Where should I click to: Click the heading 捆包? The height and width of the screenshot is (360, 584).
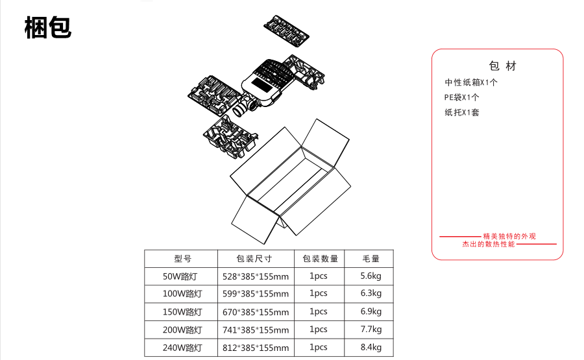point(48,27)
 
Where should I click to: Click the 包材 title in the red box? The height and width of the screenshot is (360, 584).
point(503,66)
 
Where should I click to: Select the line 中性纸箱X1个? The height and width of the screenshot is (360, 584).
point(471,82)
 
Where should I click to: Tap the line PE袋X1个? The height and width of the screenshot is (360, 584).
point(462,97)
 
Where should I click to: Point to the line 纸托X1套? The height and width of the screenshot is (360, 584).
point(462,112)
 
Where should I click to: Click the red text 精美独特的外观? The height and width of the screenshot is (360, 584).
point(510,236)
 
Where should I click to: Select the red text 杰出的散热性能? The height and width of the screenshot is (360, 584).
point(488,245)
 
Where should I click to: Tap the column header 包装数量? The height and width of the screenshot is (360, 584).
point(320,259)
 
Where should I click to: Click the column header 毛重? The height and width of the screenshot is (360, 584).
point(371,259)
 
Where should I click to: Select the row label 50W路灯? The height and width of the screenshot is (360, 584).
point(182,276)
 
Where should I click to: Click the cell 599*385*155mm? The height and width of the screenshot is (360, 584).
point(256,294)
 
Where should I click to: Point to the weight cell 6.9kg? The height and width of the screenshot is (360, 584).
point(371,311)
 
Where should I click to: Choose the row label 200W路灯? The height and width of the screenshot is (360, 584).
point(182,330)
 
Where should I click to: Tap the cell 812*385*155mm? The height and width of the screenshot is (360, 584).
point(256,348)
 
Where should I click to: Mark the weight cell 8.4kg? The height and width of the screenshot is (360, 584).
point(371,347)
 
